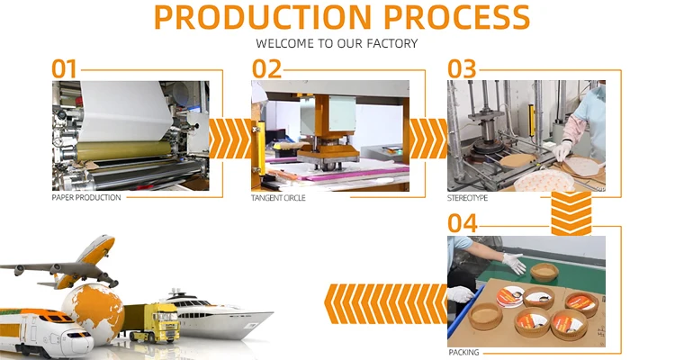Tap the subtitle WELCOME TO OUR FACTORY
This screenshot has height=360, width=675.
pyautogui.click(x=337, y=42)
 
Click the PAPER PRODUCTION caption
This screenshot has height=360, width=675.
pyautogui.click(x=86, y=197)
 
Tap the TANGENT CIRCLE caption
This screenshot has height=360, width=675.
pyautogui.click(x=278, y=197)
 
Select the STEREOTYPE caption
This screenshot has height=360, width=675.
pyautogui.click(x=468, y=197)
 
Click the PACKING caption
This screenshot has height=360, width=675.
pyautogui.click(x=463, y=352)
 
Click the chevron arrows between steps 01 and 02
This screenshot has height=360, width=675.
pyautogui.click(x=229, y=137)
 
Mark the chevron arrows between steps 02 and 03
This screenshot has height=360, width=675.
pyautogui.click(x=427, y=137)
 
